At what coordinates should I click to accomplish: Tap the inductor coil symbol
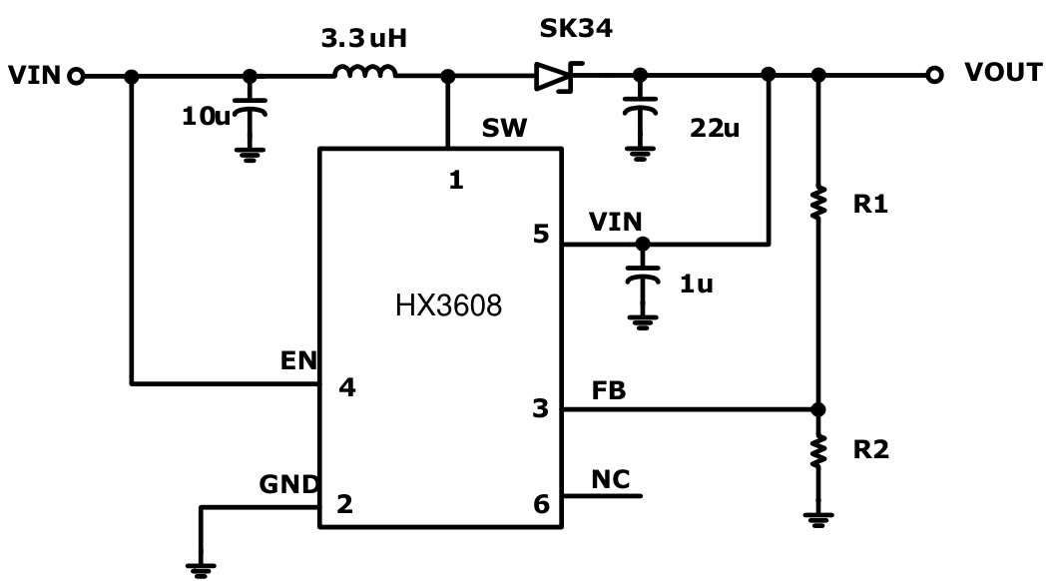(364, 72)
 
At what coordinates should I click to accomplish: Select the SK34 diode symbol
(551, 76)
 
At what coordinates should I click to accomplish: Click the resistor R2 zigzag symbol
(818, 451)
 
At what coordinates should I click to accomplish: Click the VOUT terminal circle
(934, 75)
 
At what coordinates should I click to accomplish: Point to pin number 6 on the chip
(541, 504)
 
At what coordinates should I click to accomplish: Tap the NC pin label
(610, 478)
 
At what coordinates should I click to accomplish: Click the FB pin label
(608, 391)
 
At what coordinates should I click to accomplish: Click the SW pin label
(498, 129)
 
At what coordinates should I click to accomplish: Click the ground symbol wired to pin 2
(201, 569)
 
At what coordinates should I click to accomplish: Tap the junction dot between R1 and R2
(818, 409)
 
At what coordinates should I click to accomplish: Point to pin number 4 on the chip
(346, 389)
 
